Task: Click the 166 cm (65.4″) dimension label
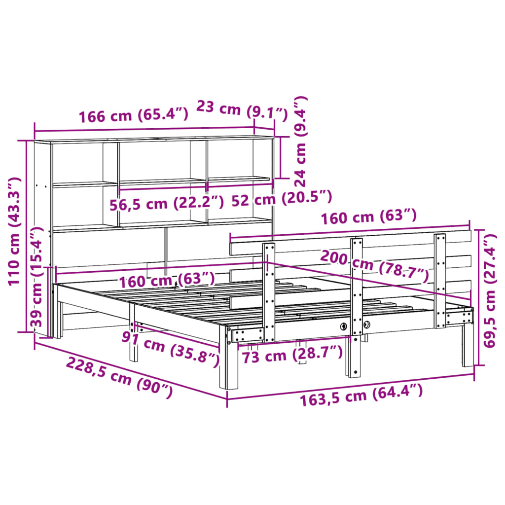134,116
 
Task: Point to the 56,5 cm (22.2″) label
167,203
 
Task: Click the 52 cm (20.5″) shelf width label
282,198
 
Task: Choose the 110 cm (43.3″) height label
14,231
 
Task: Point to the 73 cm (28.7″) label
292,354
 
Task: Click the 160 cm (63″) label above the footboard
369,217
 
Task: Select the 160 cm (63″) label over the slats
167,280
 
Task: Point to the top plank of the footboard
345,238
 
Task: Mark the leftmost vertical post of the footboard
269,291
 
